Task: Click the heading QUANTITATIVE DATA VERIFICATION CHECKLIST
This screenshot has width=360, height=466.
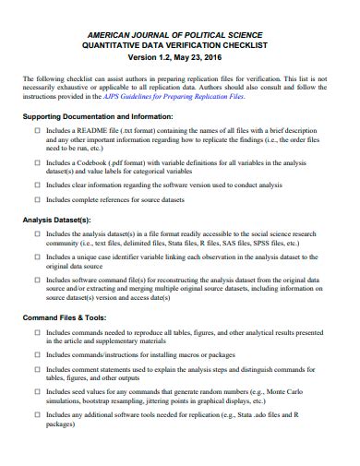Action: click(x=180, y=46)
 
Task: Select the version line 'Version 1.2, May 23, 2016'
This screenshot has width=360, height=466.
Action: click(x=180, y=58)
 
